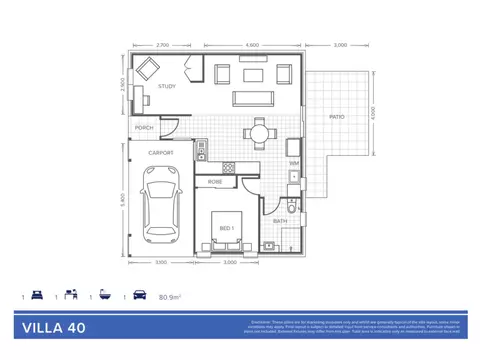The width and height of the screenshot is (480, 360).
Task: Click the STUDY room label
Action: [x=167, y=87]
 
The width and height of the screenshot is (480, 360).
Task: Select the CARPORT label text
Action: [x=162, y=152]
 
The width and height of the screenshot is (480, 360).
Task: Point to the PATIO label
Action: [x=337, y=117]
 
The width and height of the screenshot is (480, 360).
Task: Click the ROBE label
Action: [x=214, y=182]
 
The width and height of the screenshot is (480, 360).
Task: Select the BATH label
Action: [x=281, y=221]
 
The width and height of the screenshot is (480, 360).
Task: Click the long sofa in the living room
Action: [x=250, y=98]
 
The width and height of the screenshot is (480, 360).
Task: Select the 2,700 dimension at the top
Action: [x=163, y=45]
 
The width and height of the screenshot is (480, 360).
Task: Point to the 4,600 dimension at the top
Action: [x=252, y=45]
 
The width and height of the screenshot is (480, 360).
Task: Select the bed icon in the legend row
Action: [x=37, y=297]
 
